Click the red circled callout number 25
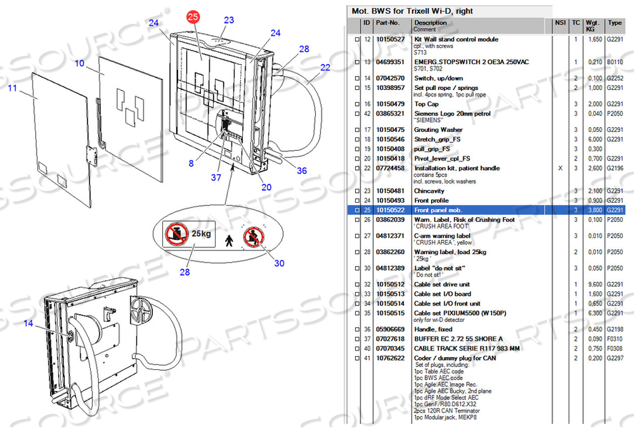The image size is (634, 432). coord(193,18)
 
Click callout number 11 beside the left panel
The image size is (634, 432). coord(13,87)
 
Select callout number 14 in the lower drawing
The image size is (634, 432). coord(28,323)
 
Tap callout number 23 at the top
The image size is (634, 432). coord(229,20)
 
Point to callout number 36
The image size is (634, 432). coord(302,171)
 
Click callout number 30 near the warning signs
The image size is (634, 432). coord(279,263)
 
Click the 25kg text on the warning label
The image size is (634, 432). coord(202,235)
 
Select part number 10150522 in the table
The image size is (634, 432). coord(390,210)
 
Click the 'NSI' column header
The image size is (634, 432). coord(560,23)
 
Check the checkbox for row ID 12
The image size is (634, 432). coord(357,40)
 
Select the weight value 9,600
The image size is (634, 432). coord(594,285)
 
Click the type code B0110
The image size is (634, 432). coord(613,62)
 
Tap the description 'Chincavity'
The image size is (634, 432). coord(429,191)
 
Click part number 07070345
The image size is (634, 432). coord(390,349)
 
